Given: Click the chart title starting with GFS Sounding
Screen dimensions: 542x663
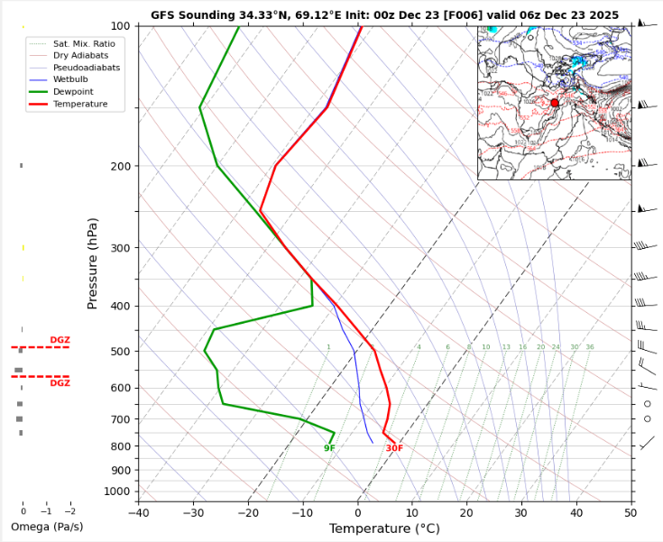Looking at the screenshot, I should [x=384, y=15].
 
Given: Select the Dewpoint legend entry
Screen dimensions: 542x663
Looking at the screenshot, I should [x=76, y=91].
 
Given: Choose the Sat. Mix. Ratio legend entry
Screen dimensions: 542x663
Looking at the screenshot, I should [x=84, y=43].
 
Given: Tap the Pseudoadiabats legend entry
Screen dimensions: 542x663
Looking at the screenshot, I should [x=87, y=68].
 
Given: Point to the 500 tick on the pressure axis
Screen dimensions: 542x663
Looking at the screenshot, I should [x=120, y=351].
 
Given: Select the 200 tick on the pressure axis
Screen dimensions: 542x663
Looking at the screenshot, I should [x=120, y=167].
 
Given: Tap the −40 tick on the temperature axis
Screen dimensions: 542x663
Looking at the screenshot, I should [x=138, y=512].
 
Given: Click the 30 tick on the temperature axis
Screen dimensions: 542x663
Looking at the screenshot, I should [x=521, y=512].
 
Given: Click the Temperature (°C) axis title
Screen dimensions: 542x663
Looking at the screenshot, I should [x=384, y=528].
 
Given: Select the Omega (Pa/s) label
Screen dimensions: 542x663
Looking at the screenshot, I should [x=47, y=527].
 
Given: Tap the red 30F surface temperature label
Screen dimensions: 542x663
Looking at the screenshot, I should [x=394, y=448].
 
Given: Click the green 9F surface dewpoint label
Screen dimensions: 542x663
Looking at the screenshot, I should [x=329, y=448].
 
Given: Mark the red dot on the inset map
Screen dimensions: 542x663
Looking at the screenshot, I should [x=555, y=103].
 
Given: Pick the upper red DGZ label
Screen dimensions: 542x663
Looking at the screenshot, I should [x=60, y=340].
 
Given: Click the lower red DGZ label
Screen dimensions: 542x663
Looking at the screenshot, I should [x=60, y=383].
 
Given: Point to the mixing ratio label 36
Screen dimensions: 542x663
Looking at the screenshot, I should [x=589, y=347].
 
